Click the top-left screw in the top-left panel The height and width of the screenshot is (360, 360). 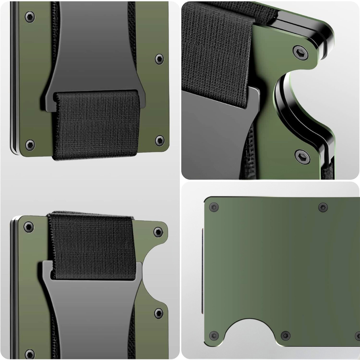[30, 17]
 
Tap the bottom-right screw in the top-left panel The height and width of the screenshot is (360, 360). [160, 140]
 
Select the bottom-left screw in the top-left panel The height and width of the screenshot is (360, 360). [30, 144]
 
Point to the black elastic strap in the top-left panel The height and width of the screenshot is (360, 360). [97, 125]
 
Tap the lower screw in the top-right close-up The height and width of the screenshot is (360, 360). [302, 156]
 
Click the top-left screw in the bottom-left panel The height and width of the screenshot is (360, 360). [29, 227]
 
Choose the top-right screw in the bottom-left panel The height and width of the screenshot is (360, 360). [158, 232]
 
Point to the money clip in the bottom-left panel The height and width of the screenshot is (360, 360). [93, 310]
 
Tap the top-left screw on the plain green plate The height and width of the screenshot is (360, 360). [214, 207]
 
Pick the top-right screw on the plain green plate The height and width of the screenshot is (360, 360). [323, 207]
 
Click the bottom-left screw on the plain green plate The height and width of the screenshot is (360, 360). [214, 335]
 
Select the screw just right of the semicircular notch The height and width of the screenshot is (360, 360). [285, 335]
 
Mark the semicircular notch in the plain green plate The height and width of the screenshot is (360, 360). [250, 332]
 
